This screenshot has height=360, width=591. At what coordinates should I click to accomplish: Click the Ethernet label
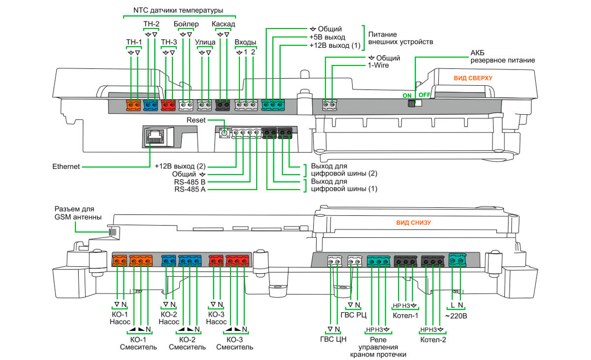tap(66, 167)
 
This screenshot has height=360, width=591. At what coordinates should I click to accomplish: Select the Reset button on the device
tap(225, 132)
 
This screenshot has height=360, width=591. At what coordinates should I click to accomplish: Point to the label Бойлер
tap(186, 25)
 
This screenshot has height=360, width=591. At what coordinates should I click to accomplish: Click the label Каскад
tap(223, 25)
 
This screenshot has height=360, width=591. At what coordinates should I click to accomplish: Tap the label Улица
tap(205, 42)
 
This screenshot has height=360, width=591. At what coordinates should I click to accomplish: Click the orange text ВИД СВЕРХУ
tap(473, 78)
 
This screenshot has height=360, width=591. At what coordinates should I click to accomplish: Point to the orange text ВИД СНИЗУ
tap(414, 223)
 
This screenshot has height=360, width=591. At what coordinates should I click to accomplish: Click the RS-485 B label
tap(190, 181)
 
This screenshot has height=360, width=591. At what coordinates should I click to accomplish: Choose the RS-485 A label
tap(190, 189)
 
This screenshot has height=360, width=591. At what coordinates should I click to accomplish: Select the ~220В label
tap(456, 316)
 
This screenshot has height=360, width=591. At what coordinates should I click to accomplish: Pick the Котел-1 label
tap(405, 316)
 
